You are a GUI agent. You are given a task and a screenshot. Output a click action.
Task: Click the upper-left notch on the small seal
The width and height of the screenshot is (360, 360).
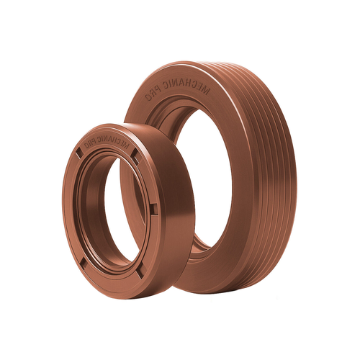[79, 153]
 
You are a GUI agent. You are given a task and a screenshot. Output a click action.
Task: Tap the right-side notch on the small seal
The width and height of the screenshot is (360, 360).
[153, 209]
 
